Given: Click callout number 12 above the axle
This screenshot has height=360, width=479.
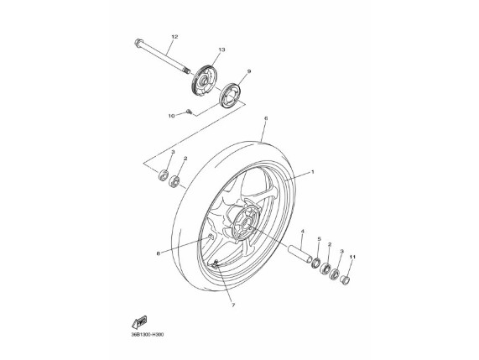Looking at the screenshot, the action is pos(174,37).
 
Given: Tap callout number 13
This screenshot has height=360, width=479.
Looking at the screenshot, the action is pos(221,50).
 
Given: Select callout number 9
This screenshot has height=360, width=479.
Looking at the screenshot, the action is pos(249,71).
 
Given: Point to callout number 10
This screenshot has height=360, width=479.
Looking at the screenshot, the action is pos(171,116).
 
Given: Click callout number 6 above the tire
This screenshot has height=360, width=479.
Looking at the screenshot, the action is pos(265,118).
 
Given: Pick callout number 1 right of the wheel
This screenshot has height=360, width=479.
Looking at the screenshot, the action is pos(312,172).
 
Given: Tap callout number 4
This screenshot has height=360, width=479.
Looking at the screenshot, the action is pos(302,232).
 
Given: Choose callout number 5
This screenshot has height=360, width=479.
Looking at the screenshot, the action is pos(319,238).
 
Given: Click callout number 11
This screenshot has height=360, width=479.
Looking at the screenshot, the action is pos(352,257).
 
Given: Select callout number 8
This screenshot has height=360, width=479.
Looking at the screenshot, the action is pos(158,253).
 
